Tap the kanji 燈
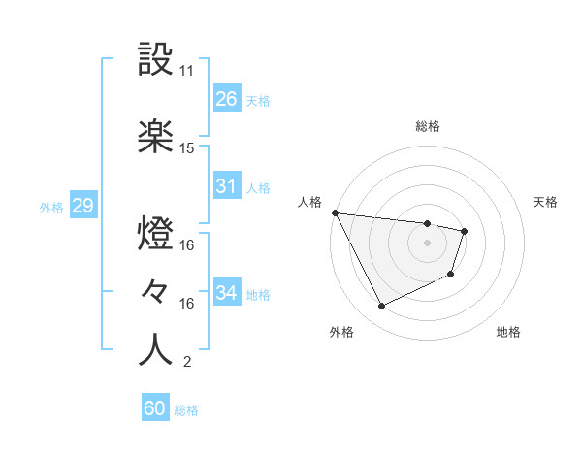click(155, 234)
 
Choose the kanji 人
click(155, 350)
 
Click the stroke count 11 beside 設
click(187, 71)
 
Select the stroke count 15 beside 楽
click(187, 148)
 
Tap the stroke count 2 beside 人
click(186, 363)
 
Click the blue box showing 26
click(226, 98)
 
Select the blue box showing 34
click(226, 292)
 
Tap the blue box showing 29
click(82, 206)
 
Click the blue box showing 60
click(155, 408)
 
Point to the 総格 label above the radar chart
click(428, 126)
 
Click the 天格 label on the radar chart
click(546, 202)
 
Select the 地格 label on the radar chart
click(508, 332)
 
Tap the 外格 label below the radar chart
click(341, 332)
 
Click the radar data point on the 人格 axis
click(335, 212)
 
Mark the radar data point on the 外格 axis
click(381, 307)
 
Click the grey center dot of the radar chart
click(428, 243)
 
